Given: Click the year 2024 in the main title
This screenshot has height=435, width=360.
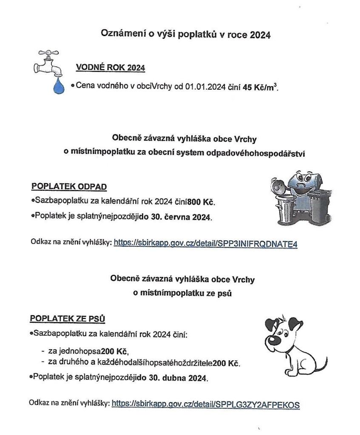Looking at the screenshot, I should point(260,35).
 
